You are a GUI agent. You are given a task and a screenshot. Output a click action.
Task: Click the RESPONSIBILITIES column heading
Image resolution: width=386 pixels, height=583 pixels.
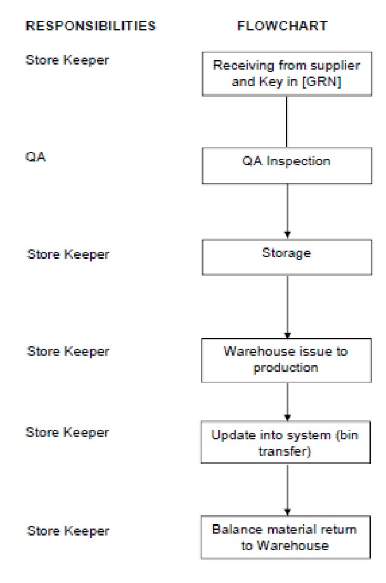(90, 26)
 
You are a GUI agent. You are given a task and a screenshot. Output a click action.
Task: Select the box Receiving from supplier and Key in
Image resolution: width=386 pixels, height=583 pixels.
(287, 73)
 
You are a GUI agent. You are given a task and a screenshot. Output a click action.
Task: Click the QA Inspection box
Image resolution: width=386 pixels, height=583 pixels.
(287, 166)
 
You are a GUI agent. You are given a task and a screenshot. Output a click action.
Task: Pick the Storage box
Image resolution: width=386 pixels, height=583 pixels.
(287, 257)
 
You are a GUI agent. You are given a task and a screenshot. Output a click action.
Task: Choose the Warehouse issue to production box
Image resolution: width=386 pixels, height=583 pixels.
(287, 360)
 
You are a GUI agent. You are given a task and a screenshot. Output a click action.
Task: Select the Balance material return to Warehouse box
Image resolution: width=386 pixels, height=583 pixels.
(287, 537)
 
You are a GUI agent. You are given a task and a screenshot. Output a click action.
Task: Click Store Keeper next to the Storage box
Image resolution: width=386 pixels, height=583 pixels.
(68, 254)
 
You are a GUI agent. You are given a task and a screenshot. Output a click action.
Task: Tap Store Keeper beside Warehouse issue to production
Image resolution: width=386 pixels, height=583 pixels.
(68, 351)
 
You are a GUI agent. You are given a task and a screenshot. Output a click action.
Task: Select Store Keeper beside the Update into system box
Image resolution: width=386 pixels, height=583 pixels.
(67, 432)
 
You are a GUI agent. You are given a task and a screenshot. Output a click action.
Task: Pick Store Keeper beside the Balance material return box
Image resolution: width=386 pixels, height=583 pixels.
(68, 530)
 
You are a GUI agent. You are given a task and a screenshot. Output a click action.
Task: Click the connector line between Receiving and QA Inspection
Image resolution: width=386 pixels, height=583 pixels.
(287, 122)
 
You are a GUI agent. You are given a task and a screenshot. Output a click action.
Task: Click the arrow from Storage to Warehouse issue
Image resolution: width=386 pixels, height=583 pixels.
(288, 307)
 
